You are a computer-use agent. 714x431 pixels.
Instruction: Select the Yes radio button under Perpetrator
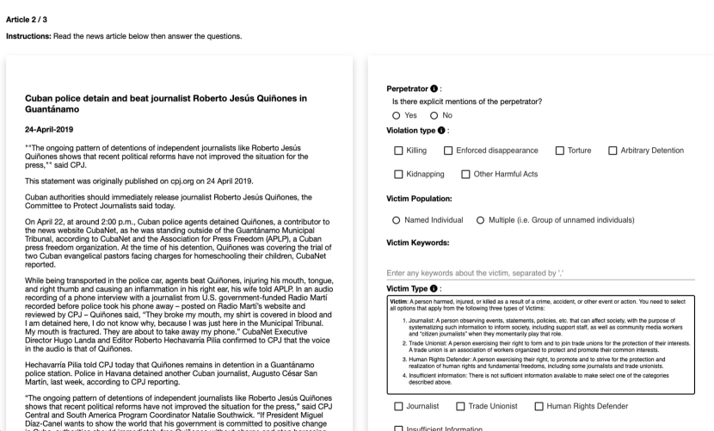pos(396,115)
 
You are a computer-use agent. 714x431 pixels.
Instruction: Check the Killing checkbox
pos(398,151)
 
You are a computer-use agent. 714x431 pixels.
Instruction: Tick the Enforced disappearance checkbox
pos(449,151)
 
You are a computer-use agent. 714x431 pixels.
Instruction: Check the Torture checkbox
pos(561,151)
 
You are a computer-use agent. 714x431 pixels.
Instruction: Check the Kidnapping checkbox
pos(398,175)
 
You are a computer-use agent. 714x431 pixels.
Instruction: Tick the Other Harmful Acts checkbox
pos(466,175)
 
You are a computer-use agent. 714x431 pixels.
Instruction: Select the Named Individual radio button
pos(396,219)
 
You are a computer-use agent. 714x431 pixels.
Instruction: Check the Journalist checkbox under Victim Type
pos(398,405)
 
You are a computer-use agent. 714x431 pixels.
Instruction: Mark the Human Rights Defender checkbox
pos(539,405)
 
